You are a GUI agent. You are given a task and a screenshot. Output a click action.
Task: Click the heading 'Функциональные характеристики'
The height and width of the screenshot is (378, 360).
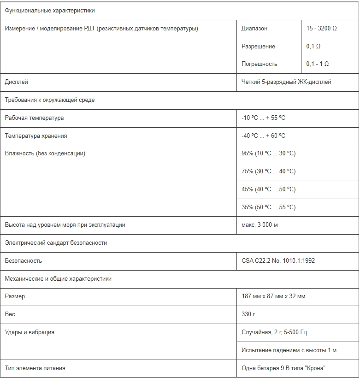[49, 11]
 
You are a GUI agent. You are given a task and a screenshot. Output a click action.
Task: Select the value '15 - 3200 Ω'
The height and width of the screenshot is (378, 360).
[321, 29]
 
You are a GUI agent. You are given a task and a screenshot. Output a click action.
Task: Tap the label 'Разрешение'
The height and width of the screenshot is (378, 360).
[258, 47]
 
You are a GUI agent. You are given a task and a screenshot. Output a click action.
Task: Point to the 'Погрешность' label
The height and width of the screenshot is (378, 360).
[260, 64]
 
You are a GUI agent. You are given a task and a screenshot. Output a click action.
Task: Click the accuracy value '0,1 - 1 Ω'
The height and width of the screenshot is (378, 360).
[318, 64]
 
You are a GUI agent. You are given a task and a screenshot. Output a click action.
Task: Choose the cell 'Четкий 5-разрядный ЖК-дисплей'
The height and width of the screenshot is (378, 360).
[286, 82]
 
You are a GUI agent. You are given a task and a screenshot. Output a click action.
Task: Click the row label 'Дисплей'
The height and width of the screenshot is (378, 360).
[16, 82]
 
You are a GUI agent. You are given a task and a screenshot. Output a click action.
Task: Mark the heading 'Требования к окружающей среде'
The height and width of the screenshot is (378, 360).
[50, 100]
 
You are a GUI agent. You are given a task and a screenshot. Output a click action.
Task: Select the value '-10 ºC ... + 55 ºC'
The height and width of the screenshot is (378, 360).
[263, 118]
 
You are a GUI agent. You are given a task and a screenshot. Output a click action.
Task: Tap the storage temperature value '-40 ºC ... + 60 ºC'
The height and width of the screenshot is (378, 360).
[263, 136]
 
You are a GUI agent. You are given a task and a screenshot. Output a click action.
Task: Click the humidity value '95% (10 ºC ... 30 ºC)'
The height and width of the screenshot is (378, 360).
[268, 154]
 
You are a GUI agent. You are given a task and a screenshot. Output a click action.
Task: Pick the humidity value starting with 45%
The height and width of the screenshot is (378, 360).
[268, 189]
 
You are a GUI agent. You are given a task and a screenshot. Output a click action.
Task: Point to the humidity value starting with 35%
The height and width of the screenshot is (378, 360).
[268, 207]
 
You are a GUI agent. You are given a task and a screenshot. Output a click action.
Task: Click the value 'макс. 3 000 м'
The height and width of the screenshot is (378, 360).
[260, 225]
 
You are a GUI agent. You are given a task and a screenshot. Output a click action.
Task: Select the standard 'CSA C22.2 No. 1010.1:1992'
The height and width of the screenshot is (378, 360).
[278, 261]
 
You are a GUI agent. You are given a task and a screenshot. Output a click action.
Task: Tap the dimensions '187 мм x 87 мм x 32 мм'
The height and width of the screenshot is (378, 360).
[273, 296]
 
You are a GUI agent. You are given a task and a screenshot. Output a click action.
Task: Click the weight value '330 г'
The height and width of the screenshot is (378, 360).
[248, 314]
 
